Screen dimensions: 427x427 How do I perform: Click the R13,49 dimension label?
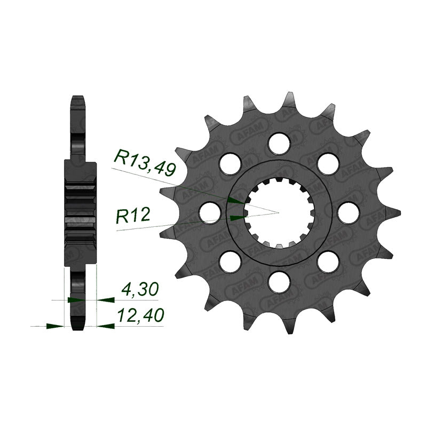[x=145, y=163]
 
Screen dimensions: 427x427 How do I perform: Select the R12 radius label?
[x=133, y=216]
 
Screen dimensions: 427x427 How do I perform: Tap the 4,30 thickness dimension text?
[x=140, y=289]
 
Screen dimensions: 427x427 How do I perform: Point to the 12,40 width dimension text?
[x=140, y=315]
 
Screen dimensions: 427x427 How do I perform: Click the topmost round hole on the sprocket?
[x=279, y=144]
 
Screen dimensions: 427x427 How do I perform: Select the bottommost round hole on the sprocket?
[x=279, y=282]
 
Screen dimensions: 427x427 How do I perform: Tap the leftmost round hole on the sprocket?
[x=210, y=212]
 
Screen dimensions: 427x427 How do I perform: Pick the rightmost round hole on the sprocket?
[x=348, y=212]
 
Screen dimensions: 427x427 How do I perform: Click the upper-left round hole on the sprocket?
[x=230, y=164]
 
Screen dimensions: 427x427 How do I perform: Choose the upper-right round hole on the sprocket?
[x=328, y=164]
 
